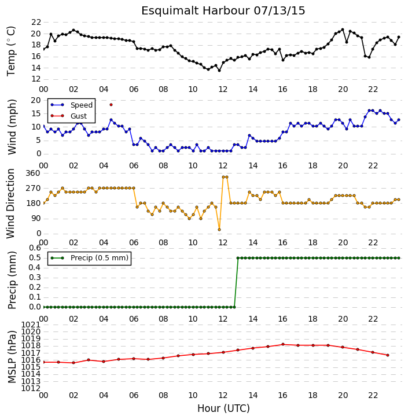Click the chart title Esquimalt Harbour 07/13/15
pos(223,11)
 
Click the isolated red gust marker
pos(111,105)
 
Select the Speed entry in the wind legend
pos(72,105)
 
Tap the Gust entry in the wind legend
pos(69,116)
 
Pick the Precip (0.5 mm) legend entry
pos(90,258)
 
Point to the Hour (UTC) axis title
pos(223,408)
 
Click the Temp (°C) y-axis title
pos(11,51)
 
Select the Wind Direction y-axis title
pos(11,204)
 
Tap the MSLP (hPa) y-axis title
pos(12,357)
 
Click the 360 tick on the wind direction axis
pos(33,174)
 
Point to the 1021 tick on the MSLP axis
pos(31,325)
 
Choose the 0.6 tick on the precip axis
pos(35,248)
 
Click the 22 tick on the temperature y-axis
pos(36,22)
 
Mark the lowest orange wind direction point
pos(219,230)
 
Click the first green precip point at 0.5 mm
pos(238,258)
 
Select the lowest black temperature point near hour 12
pos(219,71)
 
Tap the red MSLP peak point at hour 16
pos(283,344)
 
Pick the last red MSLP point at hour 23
pos(388,355)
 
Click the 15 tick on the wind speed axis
pos(36,114)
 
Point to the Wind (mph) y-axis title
pos(12,127)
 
